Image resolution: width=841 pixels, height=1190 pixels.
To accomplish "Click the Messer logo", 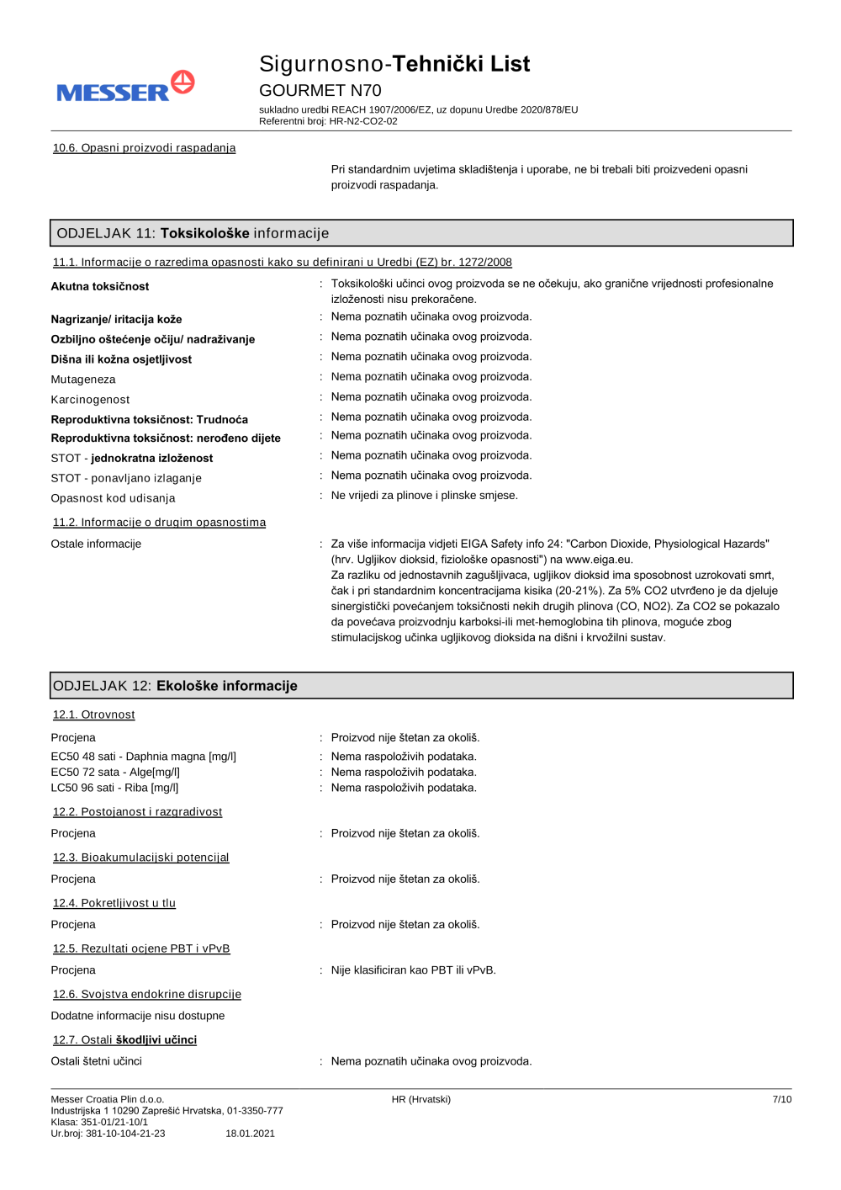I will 125,88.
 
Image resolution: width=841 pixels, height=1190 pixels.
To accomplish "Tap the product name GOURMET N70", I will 320,90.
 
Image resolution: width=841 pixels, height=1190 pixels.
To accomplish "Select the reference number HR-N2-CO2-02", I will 363,121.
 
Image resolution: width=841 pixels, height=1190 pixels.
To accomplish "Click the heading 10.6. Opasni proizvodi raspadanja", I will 144,148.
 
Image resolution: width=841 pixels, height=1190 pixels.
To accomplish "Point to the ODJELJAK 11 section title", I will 193,233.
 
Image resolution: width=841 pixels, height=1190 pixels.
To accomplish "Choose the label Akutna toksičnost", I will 99,286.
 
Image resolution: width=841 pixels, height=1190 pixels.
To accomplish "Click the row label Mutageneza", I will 83,380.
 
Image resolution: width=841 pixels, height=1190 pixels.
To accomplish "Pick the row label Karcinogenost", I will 90,400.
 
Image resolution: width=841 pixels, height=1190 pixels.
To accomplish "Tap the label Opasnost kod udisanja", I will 113,498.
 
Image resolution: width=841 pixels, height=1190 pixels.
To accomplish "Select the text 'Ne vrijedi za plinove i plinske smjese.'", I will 424,496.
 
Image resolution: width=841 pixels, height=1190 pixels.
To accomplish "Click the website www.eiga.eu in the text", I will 598,560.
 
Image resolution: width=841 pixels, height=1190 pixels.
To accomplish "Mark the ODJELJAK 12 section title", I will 175,686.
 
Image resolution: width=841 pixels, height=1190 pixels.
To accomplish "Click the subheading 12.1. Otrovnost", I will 93,715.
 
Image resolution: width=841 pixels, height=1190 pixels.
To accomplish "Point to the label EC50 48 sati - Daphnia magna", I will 143,757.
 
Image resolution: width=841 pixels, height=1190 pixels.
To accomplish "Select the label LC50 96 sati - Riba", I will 114,788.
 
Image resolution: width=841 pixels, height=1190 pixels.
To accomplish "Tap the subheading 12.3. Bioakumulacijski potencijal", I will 140,858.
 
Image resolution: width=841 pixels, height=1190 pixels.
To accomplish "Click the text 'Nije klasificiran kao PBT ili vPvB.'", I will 413,970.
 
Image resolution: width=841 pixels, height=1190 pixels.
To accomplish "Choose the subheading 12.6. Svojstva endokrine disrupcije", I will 146,995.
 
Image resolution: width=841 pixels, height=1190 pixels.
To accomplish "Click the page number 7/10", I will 781,1099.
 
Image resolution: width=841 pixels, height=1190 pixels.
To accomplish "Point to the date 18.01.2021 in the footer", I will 250,1134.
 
